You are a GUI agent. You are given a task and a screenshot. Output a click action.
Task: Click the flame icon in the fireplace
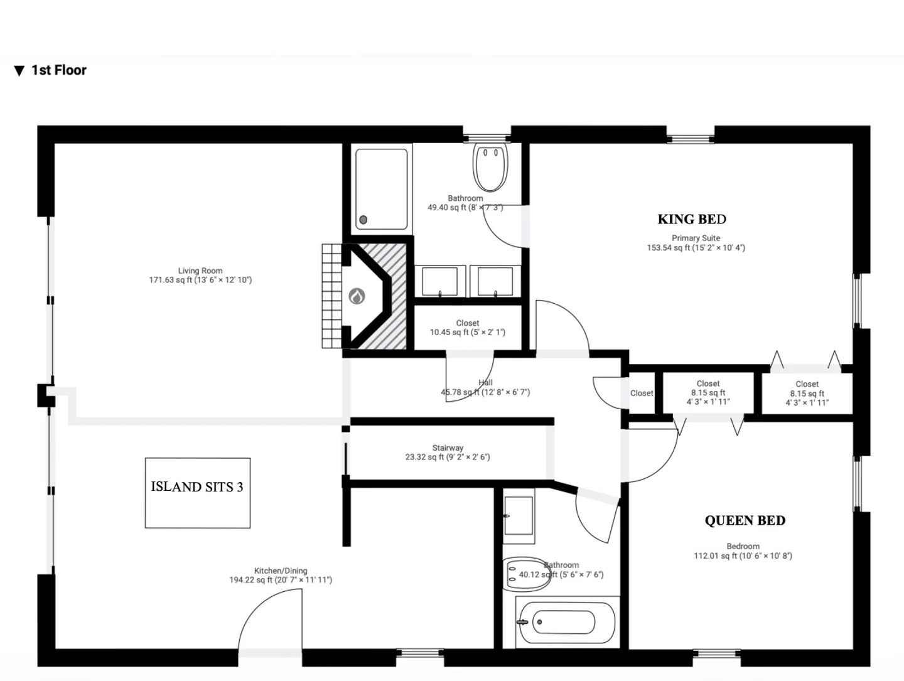[x=357, y=296]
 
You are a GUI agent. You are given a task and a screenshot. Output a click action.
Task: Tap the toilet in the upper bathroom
[x=490, y=167]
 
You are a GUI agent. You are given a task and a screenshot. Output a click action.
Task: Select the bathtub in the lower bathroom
[x=567, y=622]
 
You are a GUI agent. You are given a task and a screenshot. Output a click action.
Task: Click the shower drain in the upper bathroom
[x=363, y=220]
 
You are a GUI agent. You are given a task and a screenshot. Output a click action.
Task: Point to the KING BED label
[x=691, y=219]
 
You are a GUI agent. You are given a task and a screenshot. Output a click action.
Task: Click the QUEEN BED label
[x=745, y=520]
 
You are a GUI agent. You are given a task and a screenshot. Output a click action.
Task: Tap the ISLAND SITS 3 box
[x=198, y=493]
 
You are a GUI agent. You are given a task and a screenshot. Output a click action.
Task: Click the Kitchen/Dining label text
[x=281, y=571]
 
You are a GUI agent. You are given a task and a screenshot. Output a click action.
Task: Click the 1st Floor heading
[x=59, y=70]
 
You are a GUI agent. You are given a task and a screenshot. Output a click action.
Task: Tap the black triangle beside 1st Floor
[x=19, y=71]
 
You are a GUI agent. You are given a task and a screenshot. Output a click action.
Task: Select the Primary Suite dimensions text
[x=696, y=247]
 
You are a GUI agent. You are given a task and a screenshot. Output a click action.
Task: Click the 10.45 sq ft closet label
[x=468, y=332]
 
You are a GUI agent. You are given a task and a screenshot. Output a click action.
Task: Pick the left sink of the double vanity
[x=440, y=281]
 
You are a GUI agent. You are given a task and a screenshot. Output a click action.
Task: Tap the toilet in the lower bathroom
[x=527, y=574]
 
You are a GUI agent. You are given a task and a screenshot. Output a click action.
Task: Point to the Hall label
[x=485, y=382]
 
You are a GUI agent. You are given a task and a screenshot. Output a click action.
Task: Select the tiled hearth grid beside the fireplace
[x=332, y=296]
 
